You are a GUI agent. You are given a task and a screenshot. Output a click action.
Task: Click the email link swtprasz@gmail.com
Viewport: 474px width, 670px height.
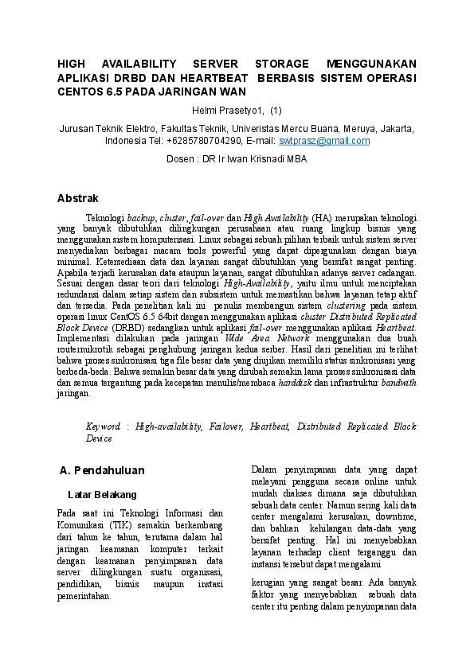point(324,141)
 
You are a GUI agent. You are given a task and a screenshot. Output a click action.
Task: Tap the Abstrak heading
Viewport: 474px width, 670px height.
point(78,198)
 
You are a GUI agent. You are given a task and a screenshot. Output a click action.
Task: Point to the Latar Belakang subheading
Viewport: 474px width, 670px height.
point(103,494)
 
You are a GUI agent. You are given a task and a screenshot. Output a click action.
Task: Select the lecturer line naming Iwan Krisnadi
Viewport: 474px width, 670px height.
point(236,159)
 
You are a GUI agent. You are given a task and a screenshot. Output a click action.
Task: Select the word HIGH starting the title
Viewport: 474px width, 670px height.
point(72,64)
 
